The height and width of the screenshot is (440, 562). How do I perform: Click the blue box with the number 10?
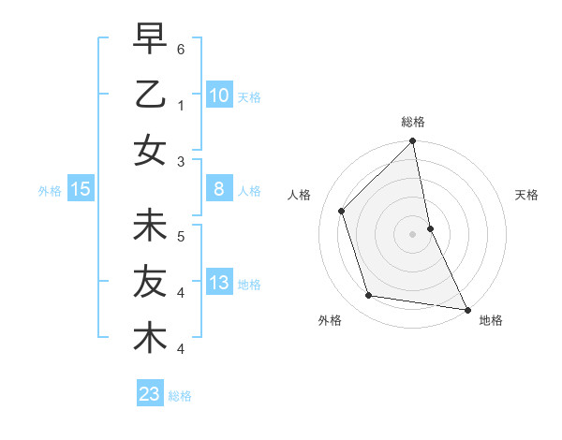pos(218,95)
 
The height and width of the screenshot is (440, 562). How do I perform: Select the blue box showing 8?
pos(218,189)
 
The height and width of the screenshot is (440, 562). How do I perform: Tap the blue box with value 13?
pos(218,283)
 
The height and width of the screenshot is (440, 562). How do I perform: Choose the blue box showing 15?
pos(80,189)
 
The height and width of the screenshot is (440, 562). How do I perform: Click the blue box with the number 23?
pos(149,394)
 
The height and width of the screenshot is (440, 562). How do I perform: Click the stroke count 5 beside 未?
pos(181,235)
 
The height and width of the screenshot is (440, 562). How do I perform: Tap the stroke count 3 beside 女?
pos(181,160)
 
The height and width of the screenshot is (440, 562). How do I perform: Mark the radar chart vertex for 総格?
pos(412,141)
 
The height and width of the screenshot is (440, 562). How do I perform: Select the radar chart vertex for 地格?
pos(466,309)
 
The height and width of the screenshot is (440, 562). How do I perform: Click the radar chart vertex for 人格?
pos(342,211)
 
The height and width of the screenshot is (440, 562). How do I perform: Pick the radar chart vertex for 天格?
pos(430,228)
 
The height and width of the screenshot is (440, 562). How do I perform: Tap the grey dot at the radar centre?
pos(412,234)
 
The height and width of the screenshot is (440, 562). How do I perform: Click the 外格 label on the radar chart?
pos(330,321)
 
